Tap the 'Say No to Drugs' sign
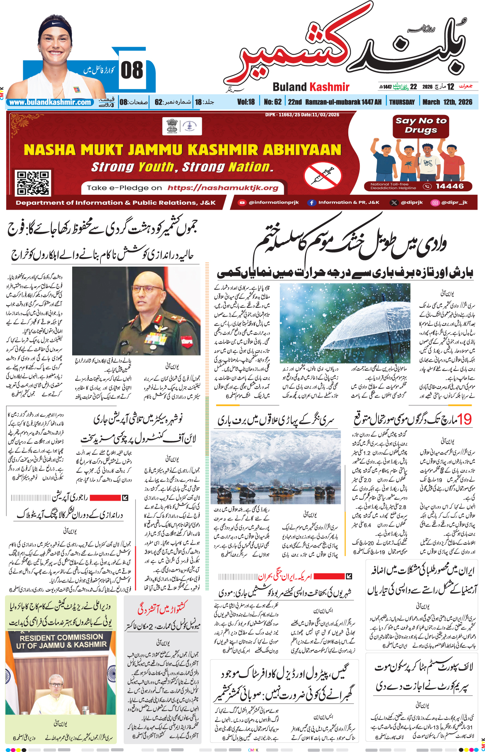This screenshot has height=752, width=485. pyautogui.click(x=421, y=126)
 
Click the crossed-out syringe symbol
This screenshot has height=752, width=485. pyautogui.click(x=323, y=175)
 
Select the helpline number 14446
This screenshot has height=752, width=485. pyautogui.click(x=449, y=186)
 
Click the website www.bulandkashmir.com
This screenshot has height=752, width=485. pyautogui.click(x=50, y=102)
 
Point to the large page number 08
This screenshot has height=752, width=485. pyautogui.click(x=132, y=71)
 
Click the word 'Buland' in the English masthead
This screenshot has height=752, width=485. pyautogui.click(x=290, y=87)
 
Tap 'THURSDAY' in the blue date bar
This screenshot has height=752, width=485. pyautogui.click(x=402, y=102)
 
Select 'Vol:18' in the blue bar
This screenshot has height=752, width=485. pyautogui.click(x=246, y=102)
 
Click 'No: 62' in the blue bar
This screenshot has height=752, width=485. pyautogui.click(x=273, y=102)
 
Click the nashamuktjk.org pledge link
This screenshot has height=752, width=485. pyautogui.click(x=223, y=188)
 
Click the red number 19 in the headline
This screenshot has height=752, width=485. pyautogui.click(x=464, y=419)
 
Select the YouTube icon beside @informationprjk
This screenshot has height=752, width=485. pyautogui.click(x=242, y=203)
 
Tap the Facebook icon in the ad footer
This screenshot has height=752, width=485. pyautogui.click(x=312, y=203)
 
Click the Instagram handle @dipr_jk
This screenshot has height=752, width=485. pyautogui.click(x=454, y=203)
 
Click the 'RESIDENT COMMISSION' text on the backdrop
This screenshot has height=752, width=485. pyautogui.click(x=61, y=637)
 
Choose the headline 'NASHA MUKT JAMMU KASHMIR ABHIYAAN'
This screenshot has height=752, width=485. pyautogui.click(x=182, y=150)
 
